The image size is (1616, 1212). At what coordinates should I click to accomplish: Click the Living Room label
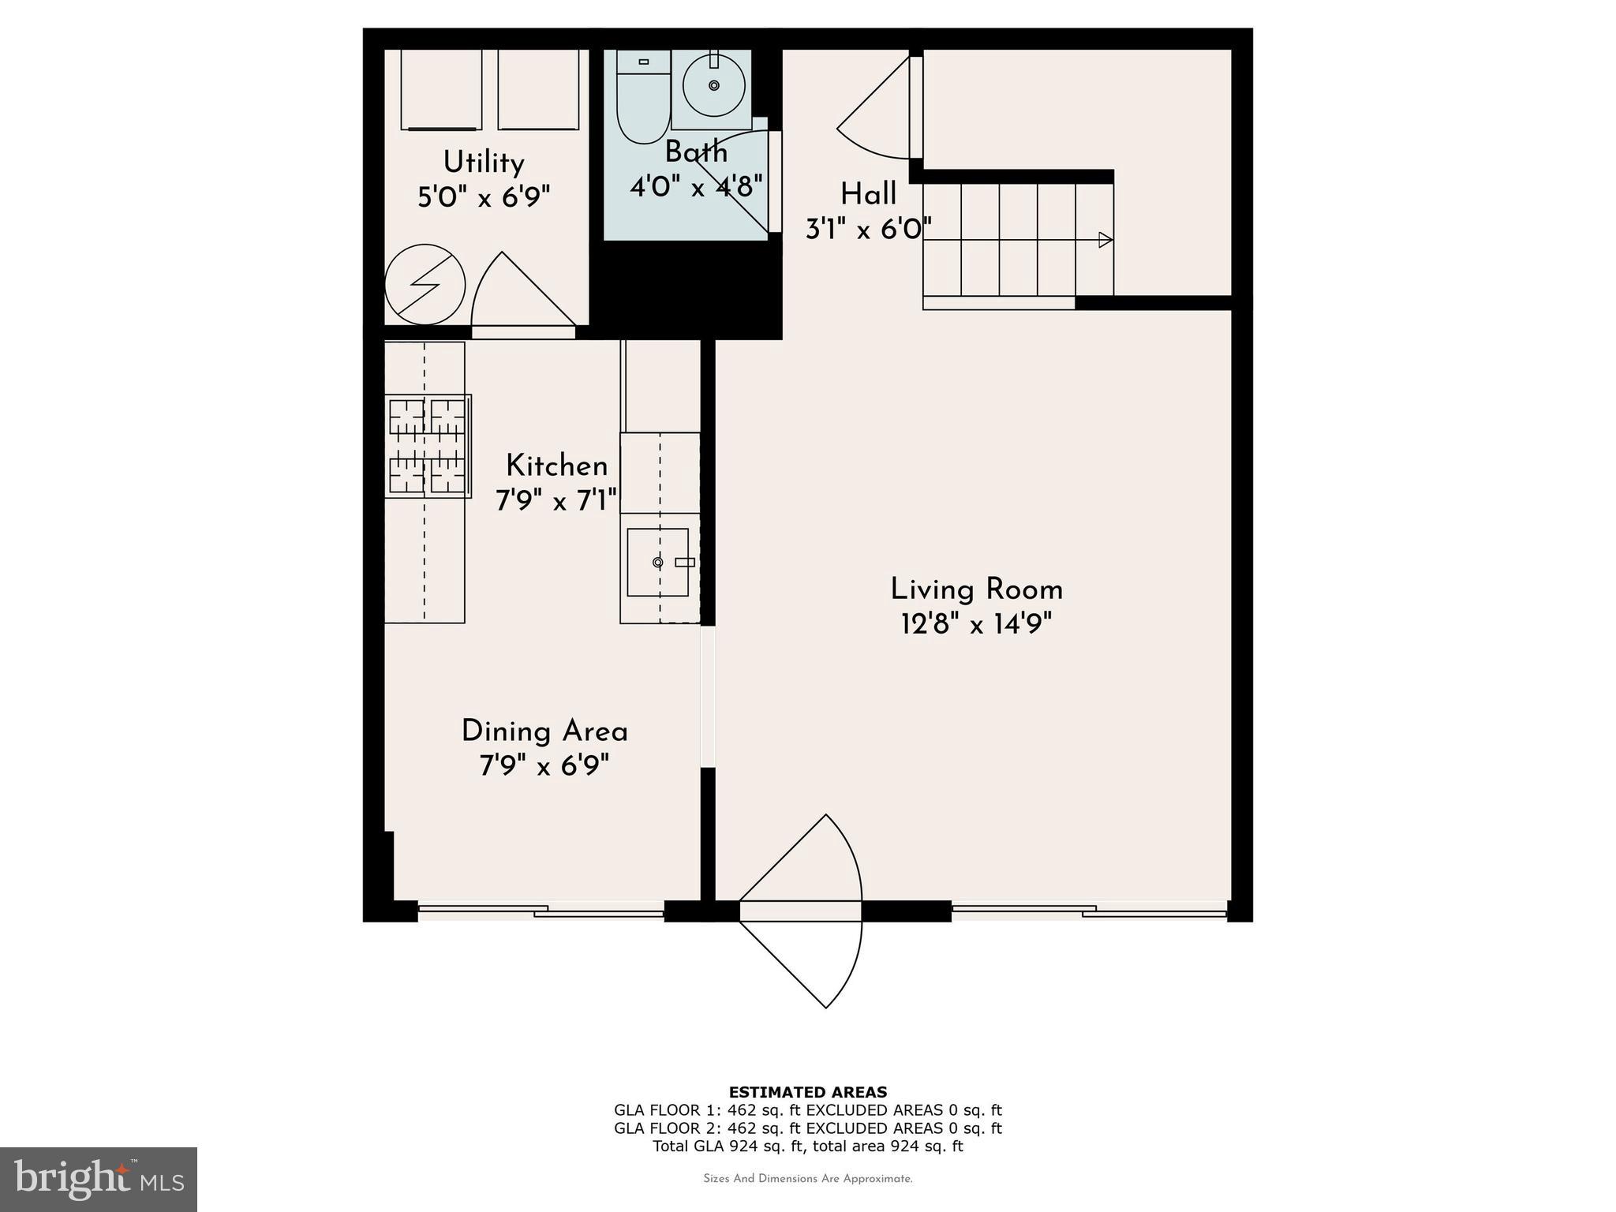click(x=976, y=590)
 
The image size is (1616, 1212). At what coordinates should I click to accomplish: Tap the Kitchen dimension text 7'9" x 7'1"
click(x=556, y=501)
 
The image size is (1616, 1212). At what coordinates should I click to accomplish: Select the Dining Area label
click(x=544, y=731)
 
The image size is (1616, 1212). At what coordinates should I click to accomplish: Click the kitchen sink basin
click(x=657, y=562)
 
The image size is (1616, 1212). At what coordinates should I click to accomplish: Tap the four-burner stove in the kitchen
click(x=428, y=446)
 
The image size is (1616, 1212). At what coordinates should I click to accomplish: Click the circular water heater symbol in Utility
click(x=425, y=285)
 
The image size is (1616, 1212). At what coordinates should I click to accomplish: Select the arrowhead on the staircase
click(x=1105, y=240)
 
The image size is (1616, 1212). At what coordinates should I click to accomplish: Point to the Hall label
click(x=868, y=194)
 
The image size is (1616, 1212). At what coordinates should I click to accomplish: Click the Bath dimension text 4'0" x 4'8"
click(x=696, y=187)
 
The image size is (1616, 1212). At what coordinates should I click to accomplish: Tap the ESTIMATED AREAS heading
click(x=807, y=1092)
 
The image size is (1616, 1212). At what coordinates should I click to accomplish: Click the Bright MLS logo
click(x=99, y=1179)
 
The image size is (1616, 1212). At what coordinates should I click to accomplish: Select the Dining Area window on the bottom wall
click(x=541, y=911)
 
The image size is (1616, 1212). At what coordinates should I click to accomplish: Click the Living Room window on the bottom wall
click(x=1089, y=911)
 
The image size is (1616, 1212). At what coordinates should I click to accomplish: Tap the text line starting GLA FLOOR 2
click(x=807, y=1128)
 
